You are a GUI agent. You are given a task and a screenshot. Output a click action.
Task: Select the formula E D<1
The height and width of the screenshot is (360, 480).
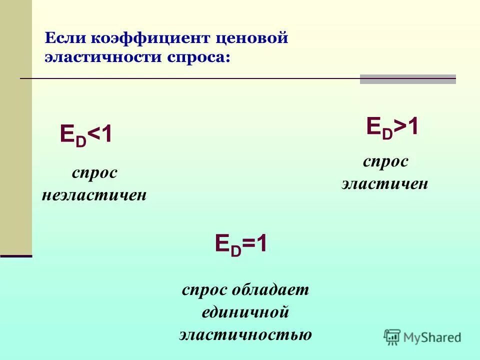tap(86, 135)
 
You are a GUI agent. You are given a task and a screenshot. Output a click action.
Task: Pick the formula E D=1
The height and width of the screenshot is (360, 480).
tap(241, 245)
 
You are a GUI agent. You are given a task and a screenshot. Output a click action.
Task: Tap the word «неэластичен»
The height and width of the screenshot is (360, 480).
tap(94, 194)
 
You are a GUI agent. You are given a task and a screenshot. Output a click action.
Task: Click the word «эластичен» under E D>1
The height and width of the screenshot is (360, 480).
tap(385, 183)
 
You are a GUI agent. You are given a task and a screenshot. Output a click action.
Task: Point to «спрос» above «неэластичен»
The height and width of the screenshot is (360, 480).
tap(94, 173)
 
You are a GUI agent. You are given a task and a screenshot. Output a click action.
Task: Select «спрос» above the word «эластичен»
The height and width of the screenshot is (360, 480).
tap(385, 162)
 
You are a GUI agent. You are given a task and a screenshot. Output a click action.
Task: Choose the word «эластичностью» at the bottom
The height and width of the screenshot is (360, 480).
tap(245, 334)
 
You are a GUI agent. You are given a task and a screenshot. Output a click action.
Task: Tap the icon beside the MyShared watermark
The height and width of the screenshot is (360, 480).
tap(392, 336)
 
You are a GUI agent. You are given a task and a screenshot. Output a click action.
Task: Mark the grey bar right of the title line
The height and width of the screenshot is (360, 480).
tap(407, 79)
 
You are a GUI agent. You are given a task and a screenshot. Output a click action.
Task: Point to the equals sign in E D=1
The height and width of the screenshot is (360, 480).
tap(249, 245)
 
